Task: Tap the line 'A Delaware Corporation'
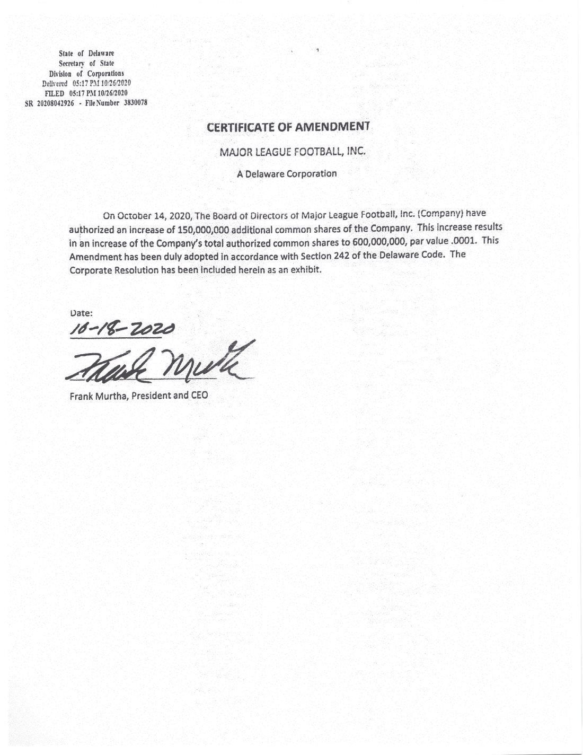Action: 287,173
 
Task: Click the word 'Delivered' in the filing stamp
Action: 55,83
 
